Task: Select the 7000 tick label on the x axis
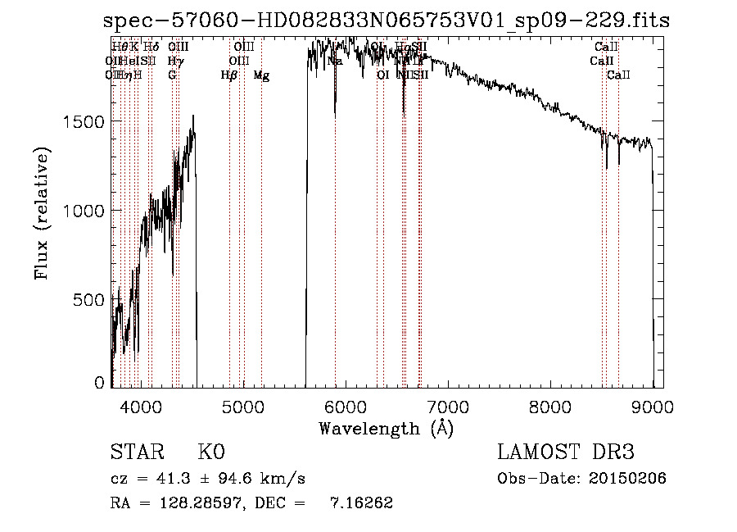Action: (448, 406)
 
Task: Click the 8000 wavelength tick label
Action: (550, 406)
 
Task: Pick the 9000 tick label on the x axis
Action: (653, 406)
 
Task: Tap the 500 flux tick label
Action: (90, 300)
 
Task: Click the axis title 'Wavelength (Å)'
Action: (386, 428)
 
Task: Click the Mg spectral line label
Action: (261, 75)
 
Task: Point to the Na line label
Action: (335, 61)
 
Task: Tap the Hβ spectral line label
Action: (229, 75)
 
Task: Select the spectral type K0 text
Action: (210, 452)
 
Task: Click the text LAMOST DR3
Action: (566, 452)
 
